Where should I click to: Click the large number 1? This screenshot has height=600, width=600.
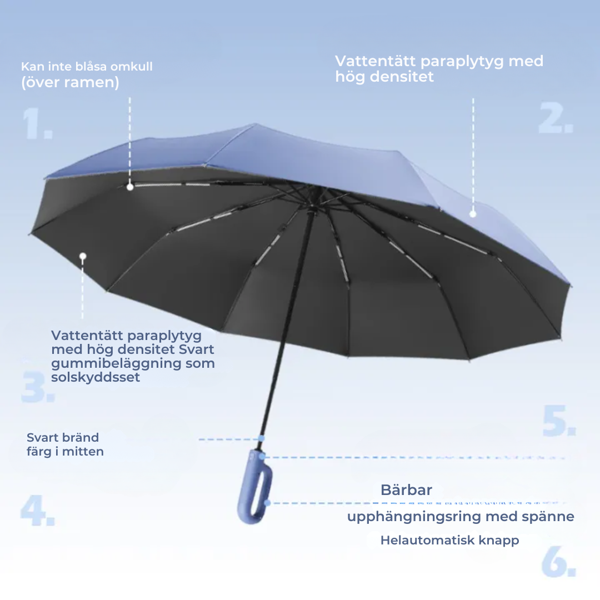[x=37, y=123]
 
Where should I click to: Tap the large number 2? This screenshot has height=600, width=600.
[x=556, y=117]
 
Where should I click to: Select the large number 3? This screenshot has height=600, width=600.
[x=38, y=387]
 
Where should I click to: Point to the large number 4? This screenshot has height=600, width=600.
[x=38, y=511]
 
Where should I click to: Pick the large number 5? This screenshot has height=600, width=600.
[x=559, y=421]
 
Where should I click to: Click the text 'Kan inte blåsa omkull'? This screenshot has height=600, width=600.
[x=87, y=67]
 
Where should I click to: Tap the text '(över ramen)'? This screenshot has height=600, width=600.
[x=70, y=82]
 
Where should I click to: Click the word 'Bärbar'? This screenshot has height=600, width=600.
[x=406, y=490]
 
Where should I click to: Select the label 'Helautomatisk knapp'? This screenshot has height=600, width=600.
[x=449, y=541]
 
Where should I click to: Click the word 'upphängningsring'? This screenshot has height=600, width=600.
[x=414, y=517]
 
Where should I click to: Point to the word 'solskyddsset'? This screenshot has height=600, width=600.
[x=96, y=377]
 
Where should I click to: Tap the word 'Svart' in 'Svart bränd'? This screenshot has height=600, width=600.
[x=42, y=437]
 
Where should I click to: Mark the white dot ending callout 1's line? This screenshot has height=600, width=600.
[x=130, y=187]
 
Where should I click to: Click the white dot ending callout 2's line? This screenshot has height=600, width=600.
[x=473, y=214]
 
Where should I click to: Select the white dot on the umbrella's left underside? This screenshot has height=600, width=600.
[x=83, y=256]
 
